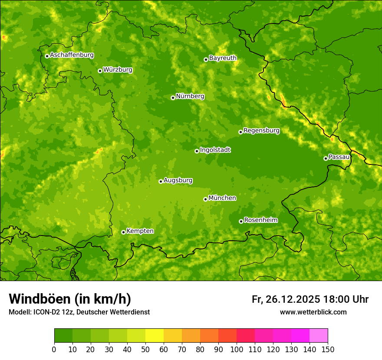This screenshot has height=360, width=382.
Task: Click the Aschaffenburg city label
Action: pos(72,55)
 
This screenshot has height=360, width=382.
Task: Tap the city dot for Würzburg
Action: pos(100,71)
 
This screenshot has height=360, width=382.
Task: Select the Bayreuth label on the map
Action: pos(223,58)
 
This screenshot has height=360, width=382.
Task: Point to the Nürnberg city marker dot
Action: pos(173,98)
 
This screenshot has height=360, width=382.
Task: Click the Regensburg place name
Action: pos(261,131)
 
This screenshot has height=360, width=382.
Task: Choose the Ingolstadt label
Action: pos(215,150)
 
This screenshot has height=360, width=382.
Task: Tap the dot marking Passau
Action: pos(326,158)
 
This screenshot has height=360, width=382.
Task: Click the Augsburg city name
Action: pos(178,180)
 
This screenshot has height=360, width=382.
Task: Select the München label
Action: pos(222,198)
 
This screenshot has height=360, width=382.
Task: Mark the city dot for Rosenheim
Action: pos(241,222)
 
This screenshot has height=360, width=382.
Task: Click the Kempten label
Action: pos(140,231)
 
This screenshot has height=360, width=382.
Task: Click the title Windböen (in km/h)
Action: pos(70,299)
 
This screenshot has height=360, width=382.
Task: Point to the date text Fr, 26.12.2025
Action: pos(286,299)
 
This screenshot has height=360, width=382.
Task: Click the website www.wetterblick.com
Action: pos(313,312)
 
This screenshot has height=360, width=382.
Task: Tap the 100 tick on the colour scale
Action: pos(237,349)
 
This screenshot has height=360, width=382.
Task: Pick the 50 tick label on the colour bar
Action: pos(145,349)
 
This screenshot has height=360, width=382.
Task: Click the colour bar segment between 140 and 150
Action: pos(319,336)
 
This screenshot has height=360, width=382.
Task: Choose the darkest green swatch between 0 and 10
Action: pos(63,336)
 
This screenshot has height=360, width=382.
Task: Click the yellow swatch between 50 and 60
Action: pos(155,336)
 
